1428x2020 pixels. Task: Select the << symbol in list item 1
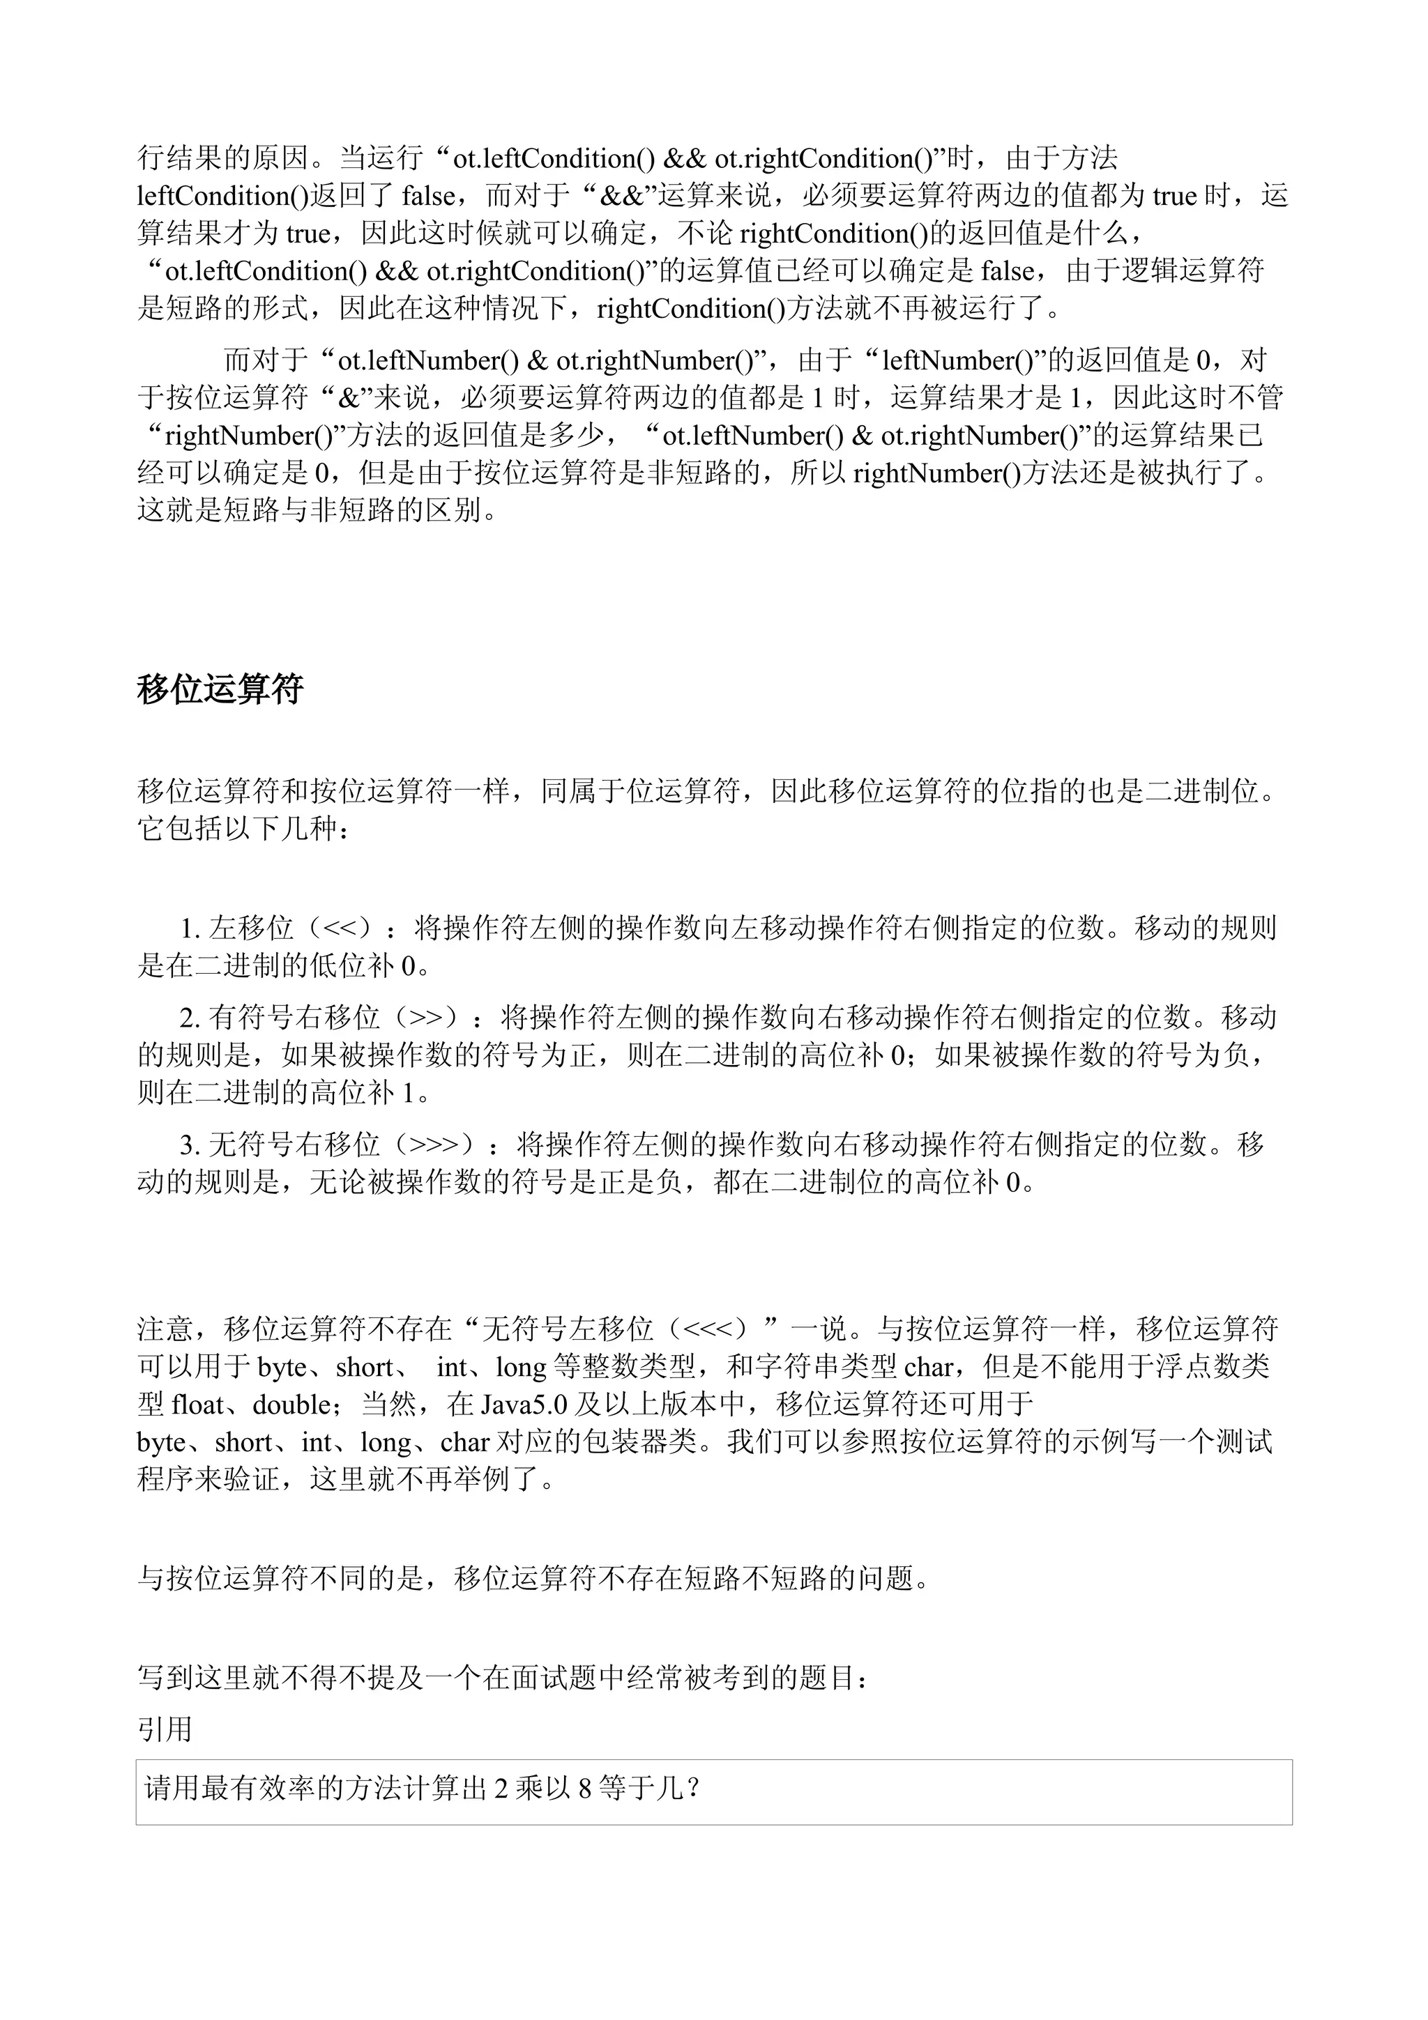point(346,928)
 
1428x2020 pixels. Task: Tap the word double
point(291,1403)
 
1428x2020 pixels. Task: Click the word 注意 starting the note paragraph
point(165,1329)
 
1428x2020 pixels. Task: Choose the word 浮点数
point(1197,1366)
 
